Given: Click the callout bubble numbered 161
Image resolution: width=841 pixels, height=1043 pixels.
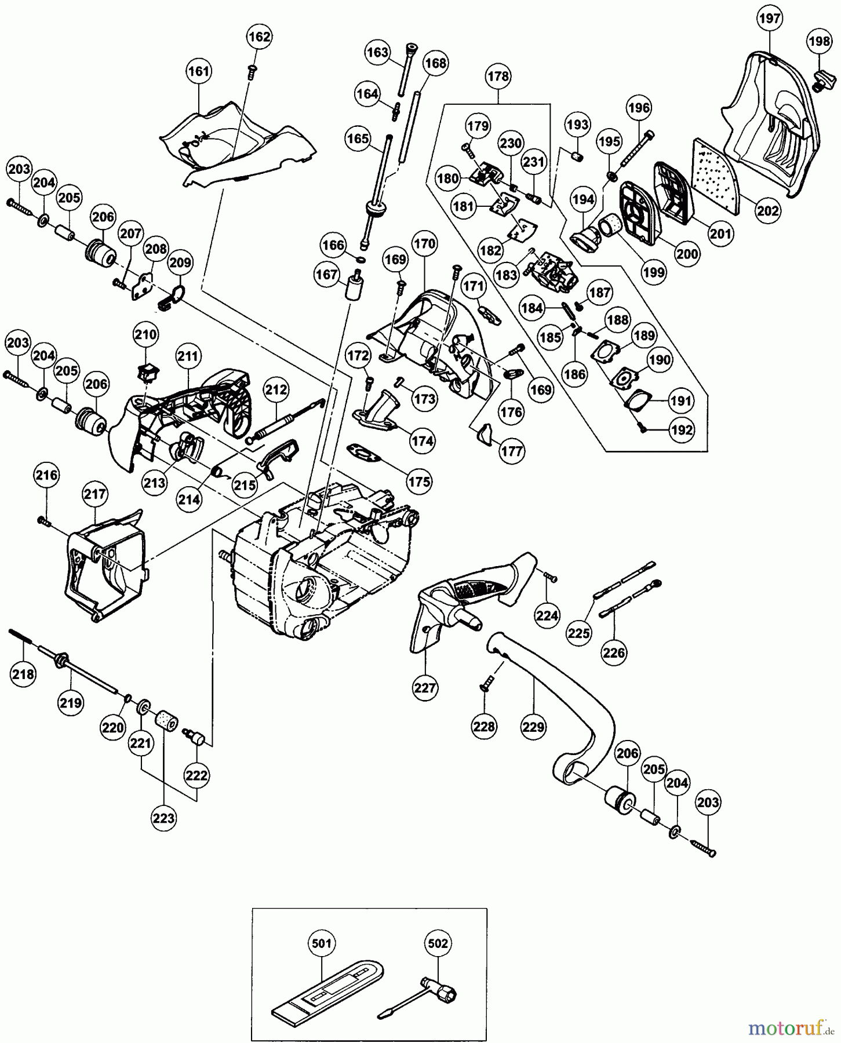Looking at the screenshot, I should coord(199,71).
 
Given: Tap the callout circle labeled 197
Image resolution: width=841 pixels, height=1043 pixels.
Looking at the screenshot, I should coord(770,19).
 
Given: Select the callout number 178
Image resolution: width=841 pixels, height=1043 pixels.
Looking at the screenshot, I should coord(498,76).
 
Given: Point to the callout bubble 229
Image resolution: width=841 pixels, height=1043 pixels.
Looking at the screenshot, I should coord(533,726).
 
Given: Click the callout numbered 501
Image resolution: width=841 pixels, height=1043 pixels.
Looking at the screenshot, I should coord(322,943).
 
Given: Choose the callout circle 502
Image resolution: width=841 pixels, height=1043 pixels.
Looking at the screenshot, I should coord(438,943).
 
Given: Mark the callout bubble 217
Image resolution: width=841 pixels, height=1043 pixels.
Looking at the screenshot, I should coord(95,494).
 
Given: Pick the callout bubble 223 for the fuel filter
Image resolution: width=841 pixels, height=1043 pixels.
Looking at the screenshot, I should coord(164,818).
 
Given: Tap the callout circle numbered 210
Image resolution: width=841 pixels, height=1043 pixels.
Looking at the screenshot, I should coord(145,334).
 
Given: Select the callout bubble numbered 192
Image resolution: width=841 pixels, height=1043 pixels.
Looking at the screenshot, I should coord(682,430).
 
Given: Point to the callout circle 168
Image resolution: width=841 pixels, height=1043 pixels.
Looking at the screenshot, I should coord(435,63).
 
